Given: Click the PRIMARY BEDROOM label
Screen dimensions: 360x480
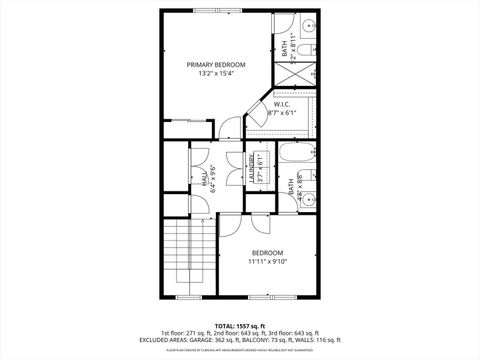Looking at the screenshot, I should [216, 64].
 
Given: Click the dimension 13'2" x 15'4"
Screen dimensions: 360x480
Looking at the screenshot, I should [216, 74].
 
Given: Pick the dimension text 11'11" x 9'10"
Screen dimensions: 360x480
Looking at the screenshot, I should [268, 262].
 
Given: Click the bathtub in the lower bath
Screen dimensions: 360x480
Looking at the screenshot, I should [296, 155].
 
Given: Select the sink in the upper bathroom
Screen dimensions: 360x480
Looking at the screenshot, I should [309, 24].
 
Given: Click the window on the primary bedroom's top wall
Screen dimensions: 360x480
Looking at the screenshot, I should [215, 11].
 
